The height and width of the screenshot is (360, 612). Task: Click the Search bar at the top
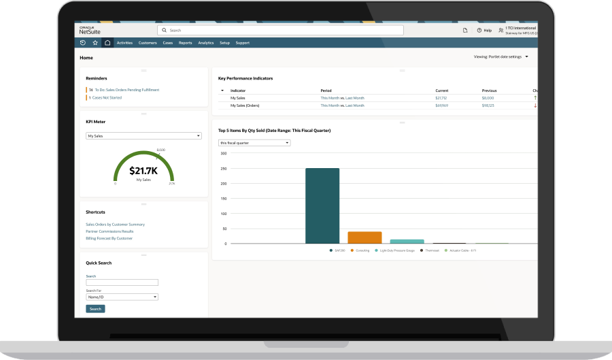point(280,30)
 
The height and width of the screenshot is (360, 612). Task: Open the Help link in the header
point(484,30)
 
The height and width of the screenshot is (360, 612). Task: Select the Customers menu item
point(148,43)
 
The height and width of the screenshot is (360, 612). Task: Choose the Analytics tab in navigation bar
point(205,43)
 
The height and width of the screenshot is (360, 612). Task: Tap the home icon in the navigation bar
point(107,43)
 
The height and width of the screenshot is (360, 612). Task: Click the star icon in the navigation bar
point(95,43)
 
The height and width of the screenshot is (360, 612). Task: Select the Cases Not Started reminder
point(108,97)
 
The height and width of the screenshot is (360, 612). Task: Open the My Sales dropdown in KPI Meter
point(144,136)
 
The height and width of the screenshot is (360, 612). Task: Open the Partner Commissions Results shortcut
point(109,231)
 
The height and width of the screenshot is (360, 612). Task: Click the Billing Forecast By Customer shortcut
point(109,238)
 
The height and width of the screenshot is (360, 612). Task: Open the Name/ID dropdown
point(122,297)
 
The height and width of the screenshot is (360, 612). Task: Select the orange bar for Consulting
point(364,238)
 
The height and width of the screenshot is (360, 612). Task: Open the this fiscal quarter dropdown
point(254,143)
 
